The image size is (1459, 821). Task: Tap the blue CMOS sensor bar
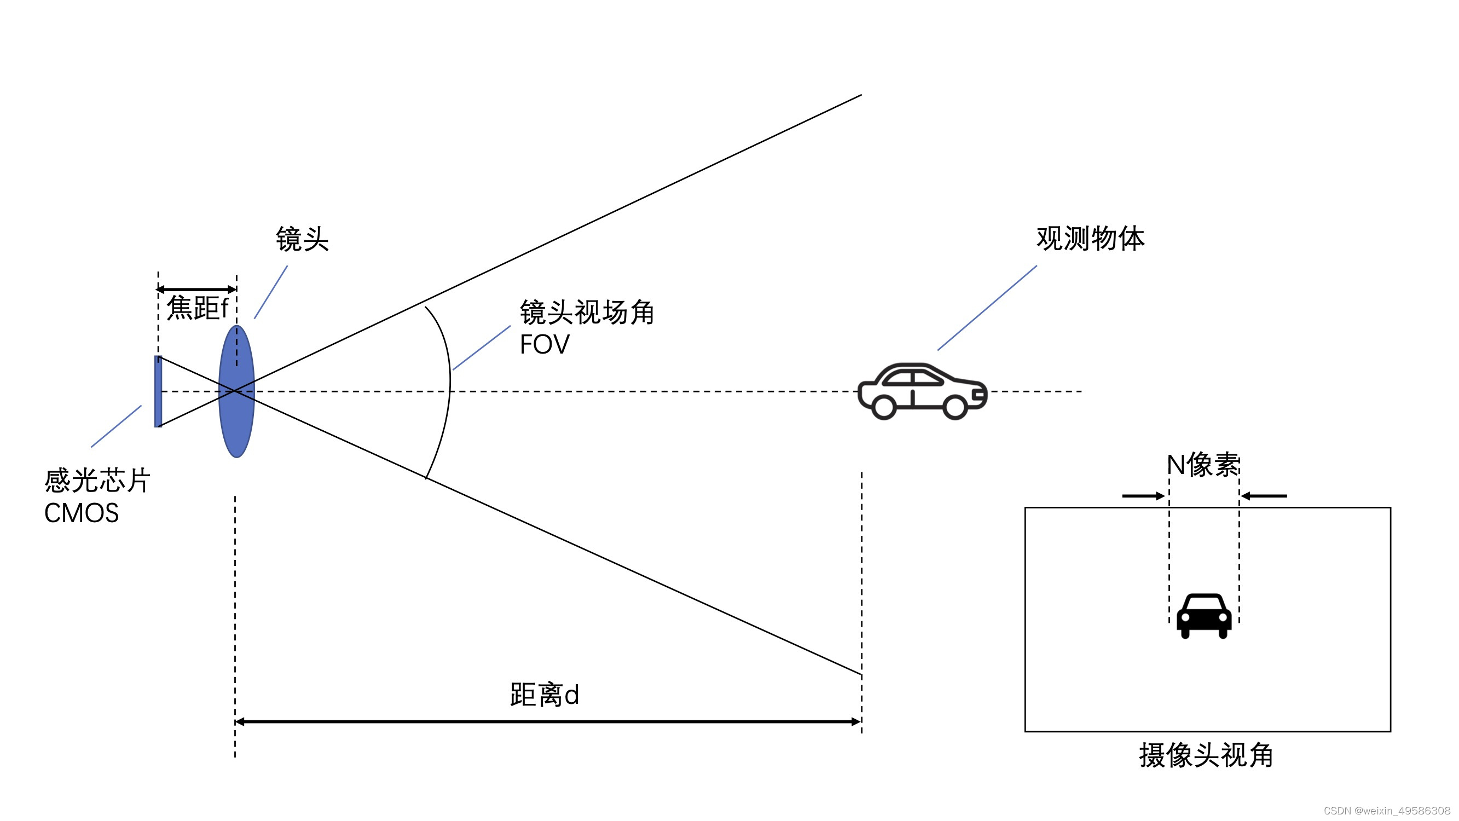[158, 391]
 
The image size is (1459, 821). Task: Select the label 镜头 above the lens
[302, 239]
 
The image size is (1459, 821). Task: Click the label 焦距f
[197, 308]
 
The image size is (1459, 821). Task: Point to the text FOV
[545, 344]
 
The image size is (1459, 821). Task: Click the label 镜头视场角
[586, 312]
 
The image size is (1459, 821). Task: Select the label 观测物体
[1090, 239]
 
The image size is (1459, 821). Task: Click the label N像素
[1203, 465]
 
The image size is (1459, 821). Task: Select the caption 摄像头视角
[1206, 755]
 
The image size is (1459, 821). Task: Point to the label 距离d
[545, 695]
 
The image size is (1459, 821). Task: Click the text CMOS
[82, 513]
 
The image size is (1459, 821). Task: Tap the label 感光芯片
[97, 481]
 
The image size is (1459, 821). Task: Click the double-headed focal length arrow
[196, 290]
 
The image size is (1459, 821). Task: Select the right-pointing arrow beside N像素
[1143, 496]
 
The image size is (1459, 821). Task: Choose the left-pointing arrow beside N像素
[1264, 496]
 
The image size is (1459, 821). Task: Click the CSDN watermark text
[1387, 811]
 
